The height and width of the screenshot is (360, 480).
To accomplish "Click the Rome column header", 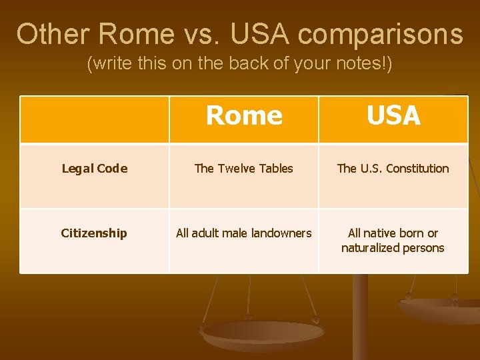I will pyautogui.click(x=244, y=116).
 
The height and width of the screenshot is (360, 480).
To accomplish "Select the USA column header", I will pyautogui.click(x=393, y=116).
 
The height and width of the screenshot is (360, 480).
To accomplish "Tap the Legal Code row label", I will pyautogui.click(x=94, y=169).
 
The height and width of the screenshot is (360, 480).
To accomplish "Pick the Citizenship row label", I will pyautogui.click(x=94, y=233).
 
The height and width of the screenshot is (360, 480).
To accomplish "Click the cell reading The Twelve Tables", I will pyautogui.click(x=244, y=169).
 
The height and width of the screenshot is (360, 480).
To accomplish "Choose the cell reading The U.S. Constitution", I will pyautogui.click(x=393, y=169).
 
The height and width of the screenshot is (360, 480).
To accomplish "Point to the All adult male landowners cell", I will pyautogui.click(x=244, y=233).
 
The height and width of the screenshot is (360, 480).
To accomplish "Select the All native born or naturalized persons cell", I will pyautogui.click(x=393, y=241).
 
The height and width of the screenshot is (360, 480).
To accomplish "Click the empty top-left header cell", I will pyautogui.click(x=94, y=119).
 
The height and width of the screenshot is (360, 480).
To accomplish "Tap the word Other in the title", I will pyautogui.click(x=53, y=34).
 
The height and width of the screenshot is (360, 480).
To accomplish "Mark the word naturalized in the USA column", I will pyautogui.click(x=370, y=248).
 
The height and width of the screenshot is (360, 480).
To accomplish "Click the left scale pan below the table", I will pyautogui.click(x=263, y=332).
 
